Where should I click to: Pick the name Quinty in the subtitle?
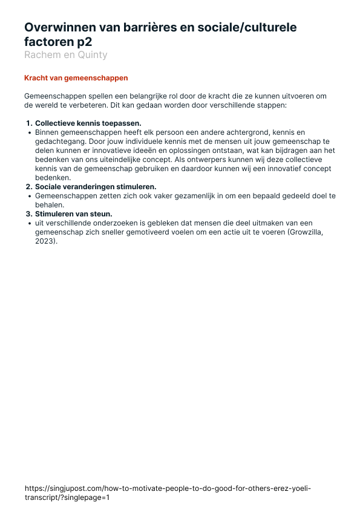pyautogui.click(x=91, y=55)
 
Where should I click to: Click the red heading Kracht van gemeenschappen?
pyautogui.click(x=76, y=78)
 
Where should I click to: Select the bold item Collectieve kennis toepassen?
pyautogui.click(x=88, y=123)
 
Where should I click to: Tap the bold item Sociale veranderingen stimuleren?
pyautogui.click(x=95, y=187)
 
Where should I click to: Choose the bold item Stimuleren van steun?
pyautogui.click(x=73, y=214)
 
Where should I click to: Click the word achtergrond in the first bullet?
pyautogui.click(x=238, y=131)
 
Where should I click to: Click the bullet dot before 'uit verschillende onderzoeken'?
pyautogui.click(x=30, y=223)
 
